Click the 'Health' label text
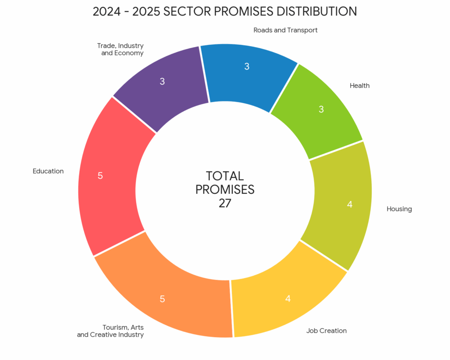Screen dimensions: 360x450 359,86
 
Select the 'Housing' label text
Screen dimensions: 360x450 399,209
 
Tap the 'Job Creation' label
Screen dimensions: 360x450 326,331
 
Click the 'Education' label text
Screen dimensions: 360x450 48,171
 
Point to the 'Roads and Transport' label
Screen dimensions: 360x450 285,30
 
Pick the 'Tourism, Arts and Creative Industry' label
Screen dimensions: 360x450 111,331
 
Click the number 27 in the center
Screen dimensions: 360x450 225,203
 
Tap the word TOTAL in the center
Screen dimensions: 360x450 225,176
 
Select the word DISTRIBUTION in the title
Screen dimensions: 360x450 307,11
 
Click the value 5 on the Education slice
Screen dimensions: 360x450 100,176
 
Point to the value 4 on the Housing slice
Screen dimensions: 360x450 349,204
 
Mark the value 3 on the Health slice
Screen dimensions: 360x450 321,109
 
